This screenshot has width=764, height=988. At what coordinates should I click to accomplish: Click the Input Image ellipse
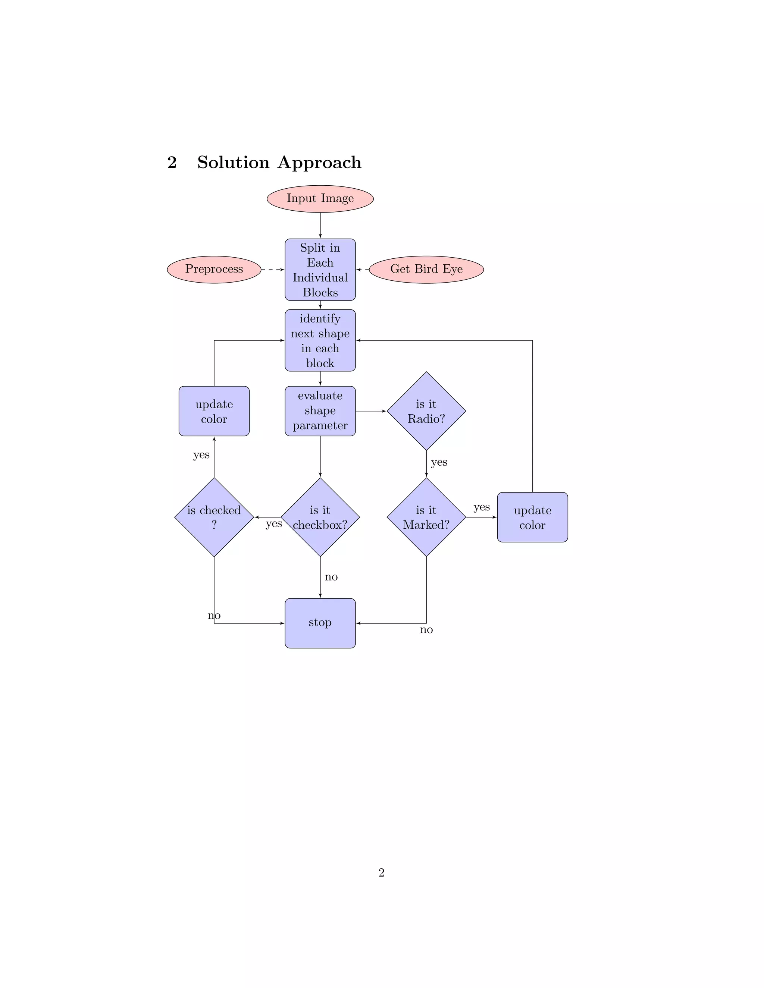point(320,199)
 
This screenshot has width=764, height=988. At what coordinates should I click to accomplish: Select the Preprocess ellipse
point(214,269)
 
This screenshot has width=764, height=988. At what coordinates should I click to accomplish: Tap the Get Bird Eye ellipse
point(426,269)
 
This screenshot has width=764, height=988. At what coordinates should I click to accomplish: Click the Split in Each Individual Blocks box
point(320,270)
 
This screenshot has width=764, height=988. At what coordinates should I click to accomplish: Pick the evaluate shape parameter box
point(320,411)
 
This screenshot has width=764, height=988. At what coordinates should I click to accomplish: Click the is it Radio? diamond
point(426,411)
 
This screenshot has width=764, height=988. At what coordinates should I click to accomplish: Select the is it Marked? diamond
point(426,517)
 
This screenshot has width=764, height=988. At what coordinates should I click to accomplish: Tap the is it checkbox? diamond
point(320,517)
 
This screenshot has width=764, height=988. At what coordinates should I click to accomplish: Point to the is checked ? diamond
point(214,517)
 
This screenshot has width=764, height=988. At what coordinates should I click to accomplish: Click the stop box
point(320,623)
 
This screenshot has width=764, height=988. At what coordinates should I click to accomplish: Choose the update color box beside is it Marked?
point(532,517)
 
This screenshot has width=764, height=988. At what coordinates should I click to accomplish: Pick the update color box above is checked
point(214,411)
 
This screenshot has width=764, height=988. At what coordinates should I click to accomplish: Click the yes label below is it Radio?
point(439,462)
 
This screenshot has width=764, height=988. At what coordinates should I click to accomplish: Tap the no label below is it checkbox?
point(331,577)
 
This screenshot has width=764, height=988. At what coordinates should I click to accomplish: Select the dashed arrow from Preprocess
point(273,270)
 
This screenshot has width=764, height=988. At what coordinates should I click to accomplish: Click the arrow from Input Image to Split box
point(320,225)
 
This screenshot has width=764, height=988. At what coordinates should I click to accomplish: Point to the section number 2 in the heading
point(172,163)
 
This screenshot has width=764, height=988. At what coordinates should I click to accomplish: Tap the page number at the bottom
point(382,873)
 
